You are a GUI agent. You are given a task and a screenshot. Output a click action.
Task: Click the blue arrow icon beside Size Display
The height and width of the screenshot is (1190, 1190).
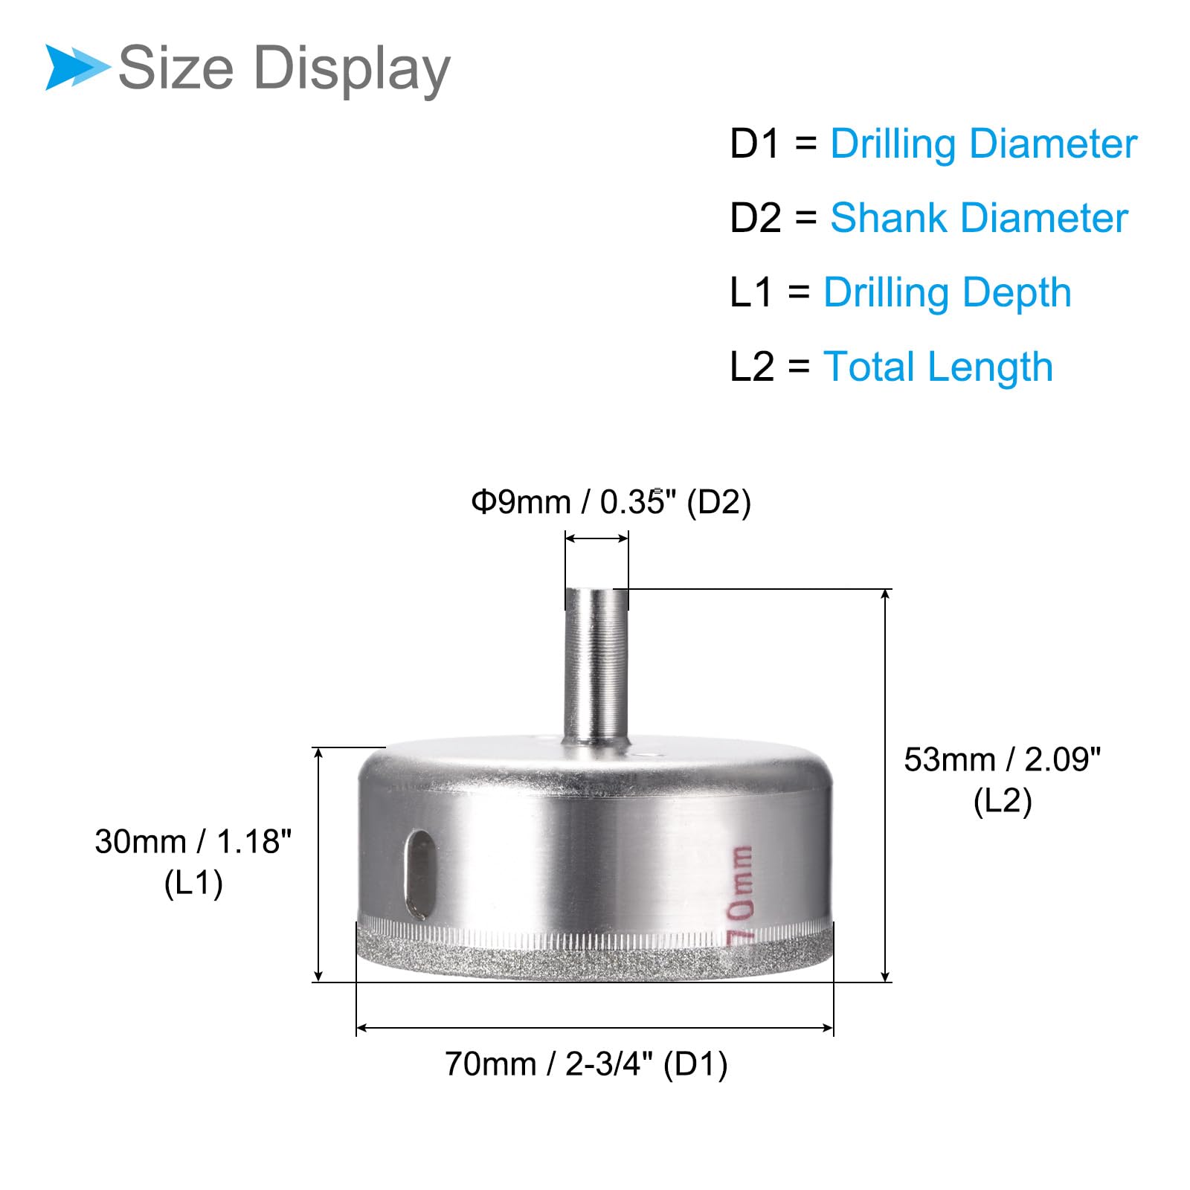pos(77,67)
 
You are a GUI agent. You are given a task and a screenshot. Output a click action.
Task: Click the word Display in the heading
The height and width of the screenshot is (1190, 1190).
pos(352,68)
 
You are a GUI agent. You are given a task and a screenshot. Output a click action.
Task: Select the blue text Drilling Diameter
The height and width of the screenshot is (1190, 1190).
pos(983,144)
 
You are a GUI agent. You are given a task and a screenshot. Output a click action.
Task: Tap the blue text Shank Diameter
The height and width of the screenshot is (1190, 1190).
pos(979,218)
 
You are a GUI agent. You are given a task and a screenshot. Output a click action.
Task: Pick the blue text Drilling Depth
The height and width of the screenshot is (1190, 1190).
pos(947,292)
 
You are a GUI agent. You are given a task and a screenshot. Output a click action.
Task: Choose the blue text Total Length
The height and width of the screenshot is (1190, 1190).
pos(938,367)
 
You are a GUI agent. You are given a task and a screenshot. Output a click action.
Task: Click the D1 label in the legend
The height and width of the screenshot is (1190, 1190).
pos(754,144)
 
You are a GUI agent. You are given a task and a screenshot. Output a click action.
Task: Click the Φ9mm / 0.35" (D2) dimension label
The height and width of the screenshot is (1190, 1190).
pos(611,502)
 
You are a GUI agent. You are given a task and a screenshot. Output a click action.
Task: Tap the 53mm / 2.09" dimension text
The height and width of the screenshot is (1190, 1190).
pos(1002,760)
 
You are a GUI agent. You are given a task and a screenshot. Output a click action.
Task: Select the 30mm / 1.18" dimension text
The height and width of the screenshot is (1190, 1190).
pos(193,842)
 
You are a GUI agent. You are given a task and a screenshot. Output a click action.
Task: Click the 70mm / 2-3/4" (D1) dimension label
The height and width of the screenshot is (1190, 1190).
pos(586,1064)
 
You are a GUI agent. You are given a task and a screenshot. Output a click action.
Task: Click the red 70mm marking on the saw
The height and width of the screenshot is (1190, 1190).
pos(741,895)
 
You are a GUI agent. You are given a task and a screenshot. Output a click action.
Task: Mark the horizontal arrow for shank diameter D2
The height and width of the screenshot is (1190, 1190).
pos(596,538)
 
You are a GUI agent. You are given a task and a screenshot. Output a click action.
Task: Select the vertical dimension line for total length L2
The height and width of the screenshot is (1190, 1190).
pos(885,785)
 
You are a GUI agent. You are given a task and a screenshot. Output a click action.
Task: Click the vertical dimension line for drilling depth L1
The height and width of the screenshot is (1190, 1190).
pos(319,864)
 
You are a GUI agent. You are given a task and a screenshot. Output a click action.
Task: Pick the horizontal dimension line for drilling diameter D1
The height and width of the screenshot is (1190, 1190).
pos(595,1028)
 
